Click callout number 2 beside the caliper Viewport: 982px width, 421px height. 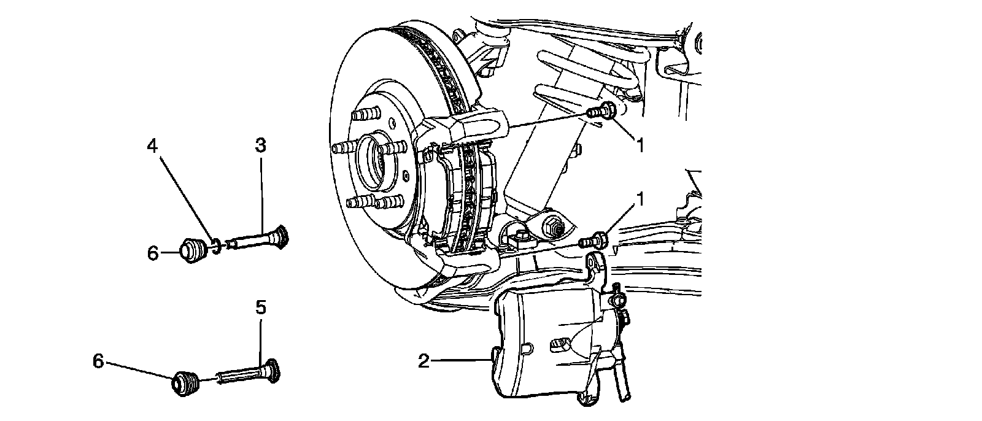click(x=423, y=361)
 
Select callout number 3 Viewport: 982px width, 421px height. click(x=260, y=146)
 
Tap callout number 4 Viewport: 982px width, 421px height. click(x=152, y=146)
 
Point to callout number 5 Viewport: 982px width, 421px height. click(x=260, y=307)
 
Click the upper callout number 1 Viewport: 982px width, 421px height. click(x=640, y=145)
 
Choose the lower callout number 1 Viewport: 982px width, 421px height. click(x=641, y=200)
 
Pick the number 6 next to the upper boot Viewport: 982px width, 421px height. click(x=153, y=252)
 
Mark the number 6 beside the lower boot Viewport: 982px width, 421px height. click(x=98, y=361)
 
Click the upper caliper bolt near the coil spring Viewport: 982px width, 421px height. click(x=600, y=113)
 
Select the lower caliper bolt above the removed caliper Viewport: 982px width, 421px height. click(x=593, y=240)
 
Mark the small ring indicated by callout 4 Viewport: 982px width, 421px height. click(x=215, y=247)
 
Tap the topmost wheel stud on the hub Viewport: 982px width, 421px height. click(x=366, y=115)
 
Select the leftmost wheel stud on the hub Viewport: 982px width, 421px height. click(x=341, y=149)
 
